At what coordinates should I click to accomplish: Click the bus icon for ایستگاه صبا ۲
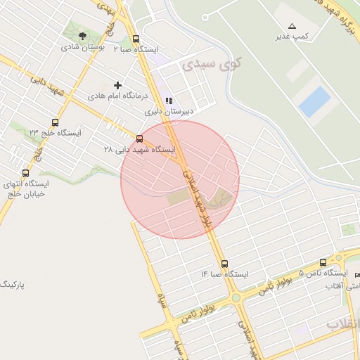[136, 39]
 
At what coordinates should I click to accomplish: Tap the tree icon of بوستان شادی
[83, 35]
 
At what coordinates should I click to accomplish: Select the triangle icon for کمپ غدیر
[292, 25]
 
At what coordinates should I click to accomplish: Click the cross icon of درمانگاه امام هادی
[117, 85]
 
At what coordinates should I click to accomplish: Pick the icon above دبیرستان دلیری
[168, 101]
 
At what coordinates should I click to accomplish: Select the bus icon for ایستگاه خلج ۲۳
[56, 122]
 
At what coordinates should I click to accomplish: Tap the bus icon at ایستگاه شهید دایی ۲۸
[139, 139]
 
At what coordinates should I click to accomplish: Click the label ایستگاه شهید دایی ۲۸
[140, 149]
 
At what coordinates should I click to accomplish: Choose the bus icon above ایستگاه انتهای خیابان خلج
[26, 173]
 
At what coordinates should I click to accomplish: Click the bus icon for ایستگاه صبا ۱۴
[224, 264]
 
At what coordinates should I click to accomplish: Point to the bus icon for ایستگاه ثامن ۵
[323, 262]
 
